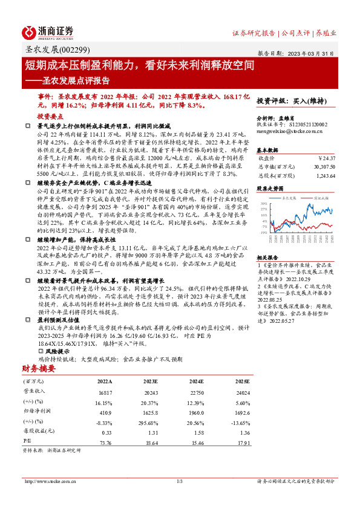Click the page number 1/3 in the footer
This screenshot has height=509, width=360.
point(180,481)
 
